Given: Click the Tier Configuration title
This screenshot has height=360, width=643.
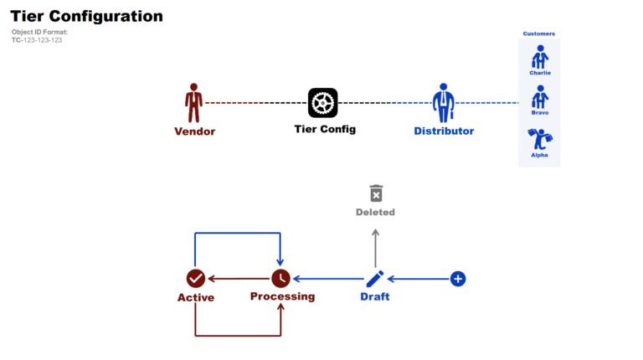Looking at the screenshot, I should pyautogui.click(x=87, y=16).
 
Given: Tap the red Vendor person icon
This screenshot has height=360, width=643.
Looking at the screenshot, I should pyautogui.click(x=194, y=102).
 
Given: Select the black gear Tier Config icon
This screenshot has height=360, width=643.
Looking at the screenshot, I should pyautogui.click(x=322, y=103).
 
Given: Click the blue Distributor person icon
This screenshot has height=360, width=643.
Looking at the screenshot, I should pyautogui.click(x=444, y=102).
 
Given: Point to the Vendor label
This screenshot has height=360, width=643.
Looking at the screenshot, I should pyautogui.click(x=194, y=131).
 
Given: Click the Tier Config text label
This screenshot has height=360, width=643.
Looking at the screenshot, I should pyautogui.click(x=325, y=129).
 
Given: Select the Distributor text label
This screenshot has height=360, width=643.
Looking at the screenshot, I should pyautogui.click(x=444, y=131).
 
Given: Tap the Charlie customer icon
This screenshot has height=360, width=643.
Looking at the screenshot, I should pyautogui.click(x=540, y=57).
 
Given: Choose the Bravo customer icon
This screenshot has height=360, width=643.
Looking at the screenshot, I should pyautogui.click(x=540, y=97).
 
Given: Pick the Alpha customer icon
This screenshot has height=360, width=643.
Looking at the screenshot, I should pyautogui.click(x=540, y=138).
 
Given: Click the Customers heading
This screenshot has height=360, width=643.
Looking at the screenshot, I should pyautogui.click(x=539, y=33).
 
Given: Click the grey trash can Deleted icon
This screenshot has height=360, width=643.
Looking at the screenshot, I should pyautogui.click(x=376, y=193).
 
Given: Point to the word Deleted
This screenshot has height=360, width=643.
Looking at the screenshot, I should pyautogui.click(x=375, y=213).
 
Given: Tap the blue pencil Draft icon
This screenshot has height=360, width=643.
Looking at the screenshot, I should pyautogui.click(x=375, y=278).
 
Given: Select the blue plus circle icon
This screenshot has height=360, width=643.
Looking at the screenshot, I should pyautogui.click(x=458, y=278).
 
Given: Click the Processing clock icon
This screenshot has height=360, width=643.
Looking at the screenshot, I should pyautogui.click(x=280, y=278).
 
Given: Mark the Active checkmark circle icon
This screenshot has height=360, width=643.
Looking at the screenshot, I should pyautogui.click(x=195, y=278).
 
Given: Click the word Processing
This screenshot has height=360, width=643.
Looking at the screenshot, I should pyautogui.click(x=282, y=296).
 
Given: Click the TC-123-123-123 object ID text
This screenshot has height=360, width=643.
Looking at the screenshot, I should pyautogui.click(x=37, y=40).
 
